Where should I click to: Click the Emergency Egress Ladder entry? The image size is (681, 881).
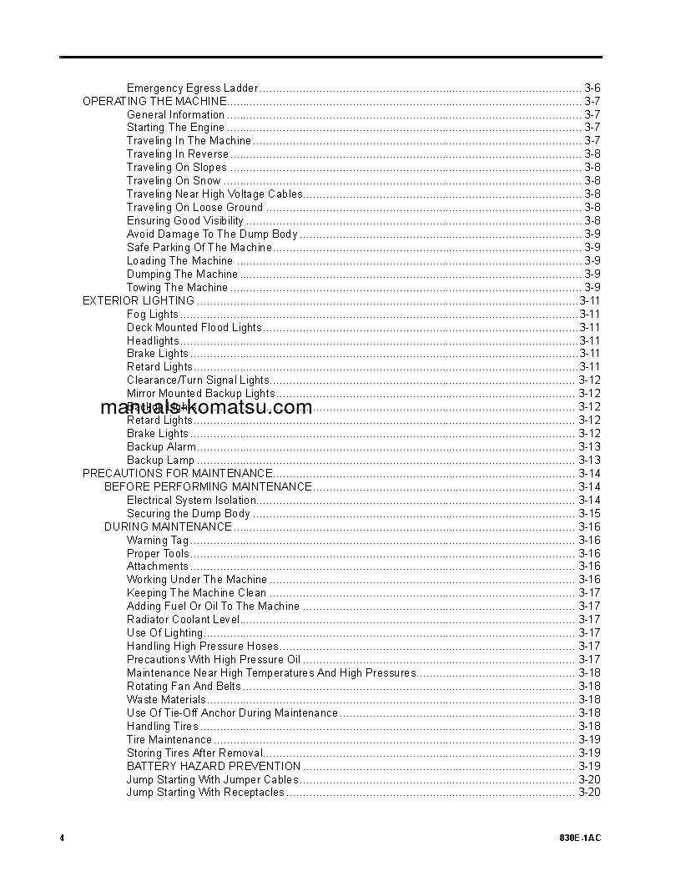192,88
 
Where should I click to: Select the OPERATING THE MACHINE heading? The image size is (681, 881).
154,101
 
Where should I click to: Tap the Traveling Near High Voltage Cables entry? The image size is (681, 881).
214,194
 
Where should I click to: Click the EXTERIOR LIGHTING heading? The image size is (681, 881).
138,300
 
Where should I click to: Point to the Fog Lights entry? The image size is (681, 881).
152,315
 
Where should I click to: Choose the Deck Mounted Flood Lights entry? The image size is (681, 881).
194,328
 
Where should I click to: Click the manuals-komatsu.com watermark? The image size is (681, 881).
205,407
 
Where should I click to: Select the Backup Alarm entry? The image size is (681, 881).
161,447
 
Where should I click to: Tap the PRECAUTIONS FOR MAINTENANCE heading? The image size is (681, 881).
177,474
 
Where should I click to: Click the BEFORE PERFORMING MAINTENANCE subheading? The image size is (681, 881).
208,487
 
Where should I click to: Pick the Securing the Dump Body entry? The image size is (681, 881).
188,514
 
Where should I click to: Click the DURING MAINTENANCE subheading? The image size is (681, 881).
168,527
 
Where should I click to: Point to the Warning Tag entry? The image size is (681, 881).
158,541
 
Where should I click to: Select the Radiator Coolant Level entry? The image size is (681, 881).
183,620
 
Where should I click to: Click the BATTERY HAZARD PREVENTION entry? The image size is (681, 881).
213,766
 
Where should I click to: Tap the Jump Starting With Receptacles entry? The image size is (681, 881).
205,793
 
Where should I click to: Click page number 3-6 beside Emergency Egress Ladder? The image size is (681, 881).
592,88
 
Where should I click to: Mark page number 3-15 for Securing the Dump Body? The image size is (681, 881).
589,514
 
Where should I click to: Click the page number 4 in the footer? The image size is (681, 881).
62,838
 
